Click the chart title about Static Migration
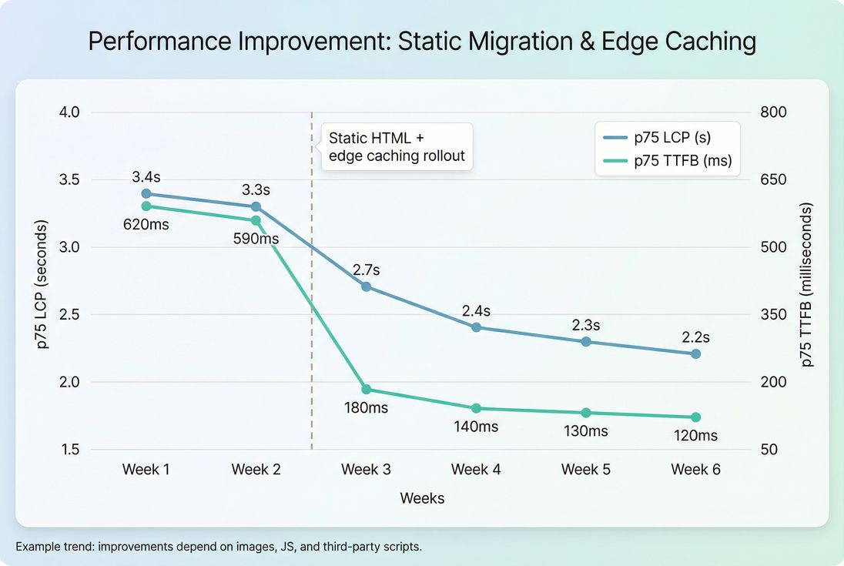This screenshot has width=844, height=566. [422, 42]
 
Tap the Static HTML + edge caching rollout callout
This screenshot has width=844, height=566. [397, 147]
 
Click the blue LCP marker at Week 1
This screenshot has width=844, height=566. [146, 193]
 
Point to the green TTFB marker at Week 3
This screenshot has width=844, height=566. [366, 390]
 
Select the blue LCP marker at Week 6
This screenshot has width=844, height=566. [695, 353]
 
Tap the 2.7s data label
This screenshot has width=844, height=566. [367, 270]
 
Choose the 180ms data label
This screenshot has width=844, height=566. [366, 408]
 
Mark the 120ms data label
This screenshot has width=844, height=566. [695, 436]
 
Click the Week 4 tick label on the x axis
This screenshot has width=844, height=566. [476, 470]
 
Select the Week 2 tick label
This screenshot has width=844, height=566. [256, 470]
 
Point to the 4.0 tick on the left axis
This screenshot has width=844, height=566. [69, 112]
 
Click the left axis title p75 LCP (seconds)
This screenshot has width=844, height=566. [42, 284]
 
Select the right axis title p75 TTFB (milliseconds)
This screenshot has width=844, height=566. [806, 284]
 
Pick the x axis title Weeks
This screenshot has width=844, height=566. [422, 498]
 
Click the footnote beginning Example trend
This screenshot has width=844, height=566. [219, 547]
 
